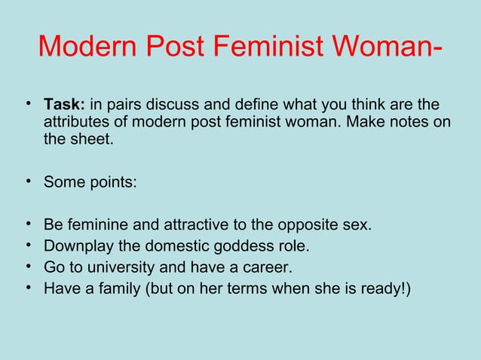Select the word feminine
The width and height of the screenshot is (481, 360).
(x=95, y=225)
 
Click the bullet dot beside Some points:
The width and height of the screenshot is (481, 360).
(x=28, y=181)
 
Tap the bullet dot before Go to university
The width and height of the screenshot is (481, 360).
(x=28, y=267)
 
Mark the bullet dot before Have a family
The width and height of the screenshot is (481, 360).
(x=28, y=288)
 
